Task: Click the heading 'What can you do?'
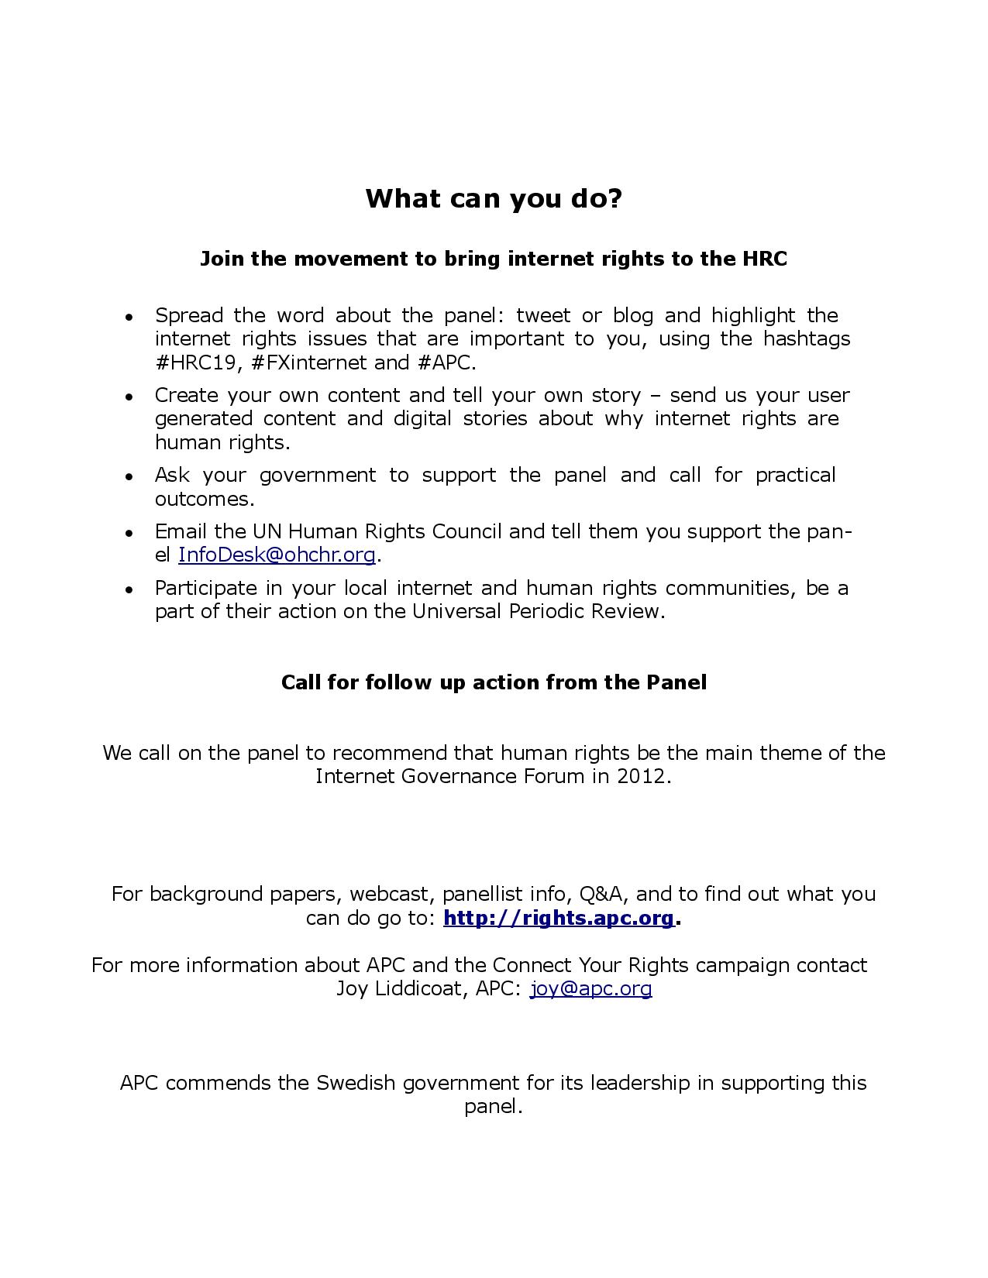494,199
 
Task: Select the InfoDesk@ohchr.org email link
277,555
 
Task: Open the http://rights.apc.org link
559,918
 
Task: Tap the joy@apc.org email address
590,988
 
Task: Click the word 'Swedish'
356,1083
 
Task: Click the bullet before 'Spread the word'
130,317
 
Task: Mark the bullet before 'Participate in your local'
130,589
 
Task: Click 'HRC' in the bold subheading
764,259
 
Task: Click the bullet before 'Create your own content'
130,397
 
